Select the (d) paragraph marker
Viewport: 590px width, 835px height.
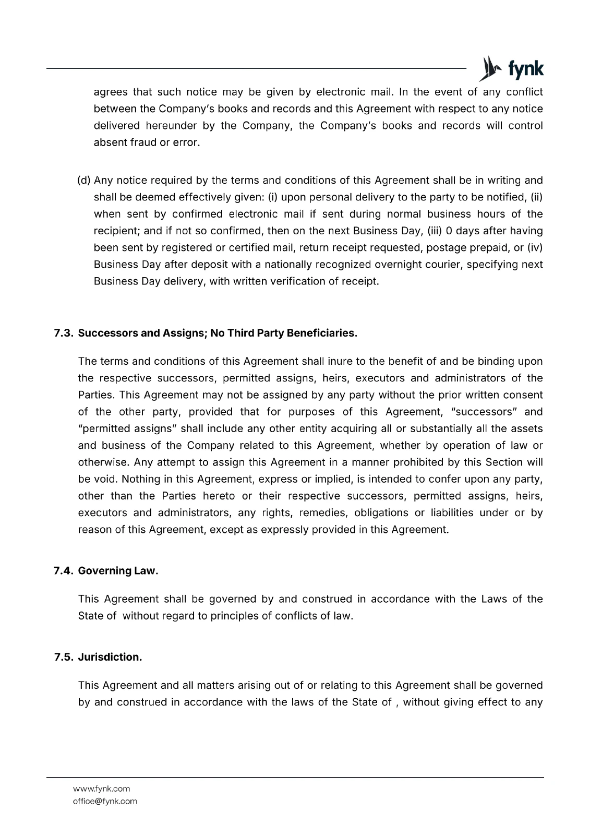[x=83, y=181]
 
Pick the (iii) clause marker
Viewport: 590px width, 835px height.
[x=434, y=231]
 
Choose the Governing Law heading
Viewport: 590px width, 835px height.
[x=118, y=570]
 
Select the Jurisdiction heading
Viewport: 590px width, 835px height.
[x=110, y=657]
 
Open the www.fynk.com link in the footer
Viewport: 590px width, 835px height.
[x=101, y=789]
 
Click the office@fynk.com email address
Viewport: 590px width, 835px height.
[x=105, y=801]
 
